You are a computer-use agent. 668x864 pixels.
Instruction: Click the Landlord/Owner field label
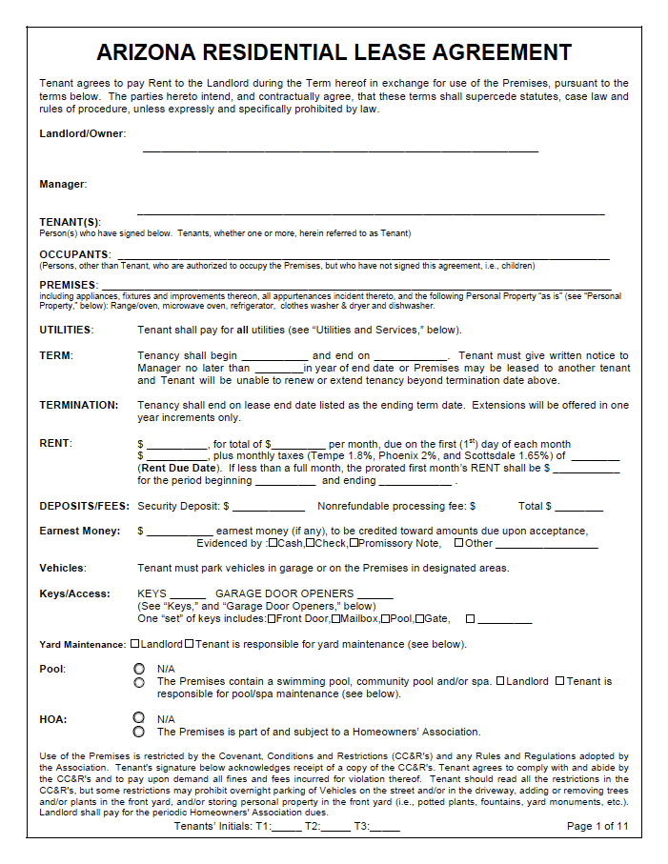82,133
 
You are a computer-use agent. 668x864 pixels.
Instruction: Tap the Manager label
63,184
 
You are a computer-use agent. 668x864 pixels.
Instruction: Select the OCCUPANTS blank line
362,255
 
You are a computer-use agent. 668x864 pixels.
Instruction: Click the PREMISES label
68,285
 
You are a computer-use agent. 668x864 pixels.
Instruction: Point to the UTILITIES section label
66,330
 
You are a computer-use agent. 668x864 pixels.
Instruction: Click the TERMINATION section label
79,405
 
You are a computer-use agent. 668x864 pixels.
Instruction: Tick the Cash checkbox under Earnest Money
273,543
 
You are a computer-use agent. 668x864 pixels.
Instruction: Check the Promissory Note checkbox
354,543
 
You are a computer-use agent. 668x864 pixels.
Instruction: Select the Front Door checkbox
273,618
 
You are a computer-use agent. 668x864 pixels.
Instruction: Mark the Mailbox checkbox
335,618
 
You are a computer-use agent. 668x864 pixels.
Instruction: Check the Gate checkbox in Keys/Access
419,618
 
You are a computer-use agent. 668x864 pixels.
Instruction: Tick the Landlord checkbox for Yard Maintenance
134,644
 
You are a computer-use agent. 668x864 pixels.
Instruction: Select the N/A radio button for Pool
139,669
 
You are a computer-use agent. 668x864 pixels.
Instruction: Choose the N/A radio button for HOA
139,718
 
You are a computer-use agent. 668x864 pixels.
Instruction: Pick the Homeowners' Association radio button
139,732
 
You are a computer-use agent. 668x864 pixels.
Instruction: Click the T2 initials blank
335,827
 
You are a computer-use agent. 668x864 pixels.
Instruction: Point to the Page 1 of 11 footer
597,826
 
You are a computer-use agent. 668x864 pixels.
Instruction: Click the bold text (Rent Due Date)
177,468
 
